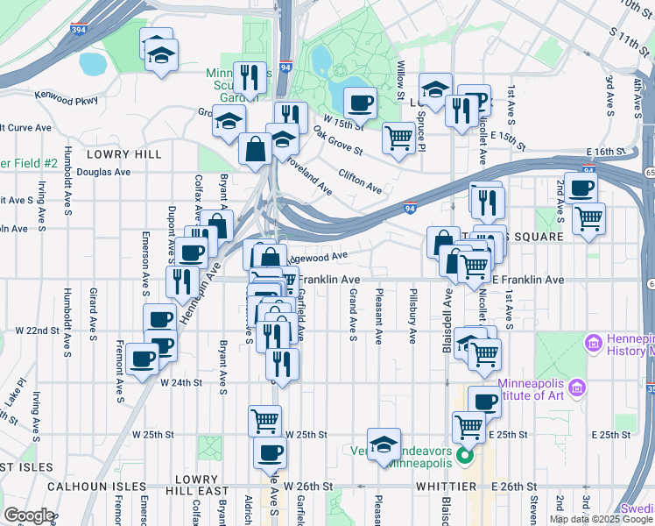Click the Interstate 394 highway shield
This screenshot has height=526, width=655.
[78, 28]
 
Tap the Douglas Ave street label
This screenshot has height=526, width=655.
[102, 172]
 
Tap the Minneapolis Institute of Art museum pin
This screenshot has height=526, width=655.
[576, 387]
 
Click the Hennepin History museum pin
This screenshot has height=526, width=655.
[593, 341]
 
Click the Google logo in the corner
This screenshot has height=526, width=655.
[29, 515]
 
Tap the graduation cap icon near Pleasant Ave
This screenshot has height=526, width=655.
[384, 445]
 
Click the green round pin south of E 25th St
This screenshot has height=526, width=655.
[465, 455]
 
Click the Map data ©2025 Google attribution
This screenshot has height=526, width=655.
[601, 519]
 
